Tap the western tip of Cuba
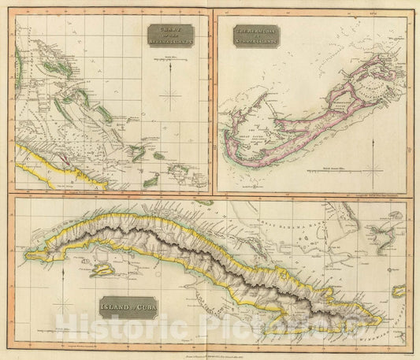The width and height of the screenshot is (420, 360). [28, 253]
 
